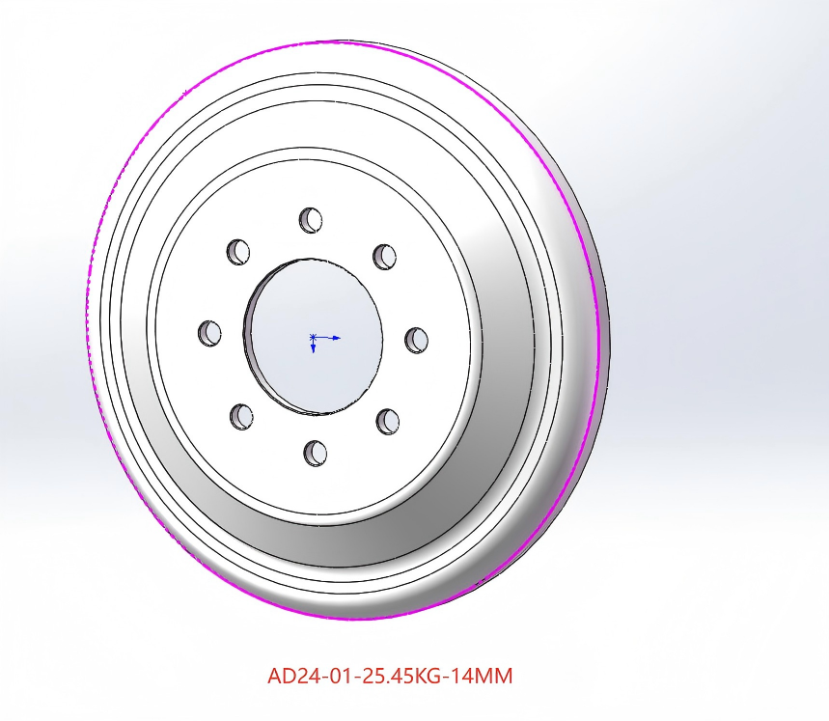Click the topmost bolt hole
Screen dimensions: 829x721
point(311,220)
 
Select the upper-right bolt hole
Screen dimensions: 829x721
point(384,257)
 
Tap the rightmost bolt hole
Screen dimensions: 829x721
point(417,340)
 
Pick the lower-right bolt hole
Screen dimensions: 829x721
point(388,421)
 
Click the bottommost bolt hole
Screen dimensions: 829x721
point(316,453)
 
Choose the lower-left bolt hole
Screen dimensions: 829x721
point(241,417)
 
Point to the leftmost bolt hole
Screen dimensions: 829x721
point(209,333)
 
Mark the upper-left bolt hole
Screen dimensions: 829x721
point(238,252)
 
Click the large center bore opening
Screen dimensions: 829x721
point(314,336)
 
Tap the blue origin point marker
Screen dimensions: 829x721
point(313,337)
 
